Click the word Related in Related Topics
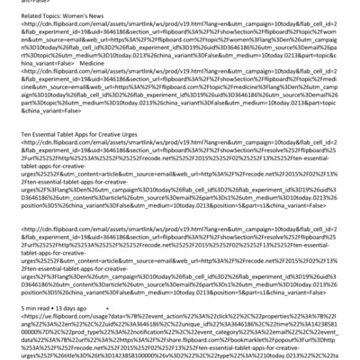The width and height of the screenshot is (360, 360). tap(30, 16)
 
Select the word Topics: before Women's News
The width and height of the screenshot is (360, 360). tap(53, 16)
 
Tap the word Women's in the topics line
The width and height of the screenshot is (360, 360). tap(79, 16)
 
